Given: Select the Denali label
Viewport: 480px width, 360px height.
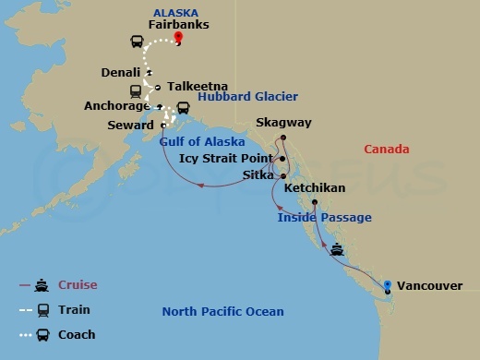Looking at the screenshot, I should tap(124, 72).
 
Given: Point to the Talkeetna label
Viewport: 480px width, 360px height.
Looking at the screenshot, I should tap(194, 88).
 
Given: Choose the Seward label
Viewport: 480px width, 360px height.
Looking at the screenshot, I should tap(130, 125).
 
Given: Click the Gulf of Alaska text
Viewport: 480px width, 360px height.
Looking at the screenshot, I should tap(202, 142).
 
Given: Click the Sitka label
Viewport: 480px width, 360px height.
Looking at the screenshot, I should tap(258, 174).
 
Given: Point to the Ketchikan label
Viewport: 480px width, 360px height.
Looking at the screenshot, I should tap(315, 187).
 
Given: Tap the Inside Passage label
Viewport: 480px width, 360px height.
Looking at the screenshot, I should tap(325, 218).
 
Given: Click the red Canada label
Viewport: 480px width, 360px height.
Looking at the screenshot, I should tap(387, 149).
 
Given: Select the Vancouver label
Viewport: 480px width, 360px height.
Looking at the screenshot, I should tap(431, 286).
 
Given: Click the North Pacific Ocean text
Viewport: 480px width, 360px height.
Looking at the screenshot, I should tap(222, 312).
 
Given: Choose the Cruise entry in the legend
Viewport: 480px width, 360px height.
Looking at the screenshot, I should tap(77, 285).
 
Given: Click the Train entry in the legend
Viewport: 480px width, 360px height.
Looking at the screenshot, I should tap(74, 310).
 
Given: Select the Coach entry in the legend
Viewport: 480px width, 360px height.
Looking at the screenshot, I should tap(76, 334).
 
